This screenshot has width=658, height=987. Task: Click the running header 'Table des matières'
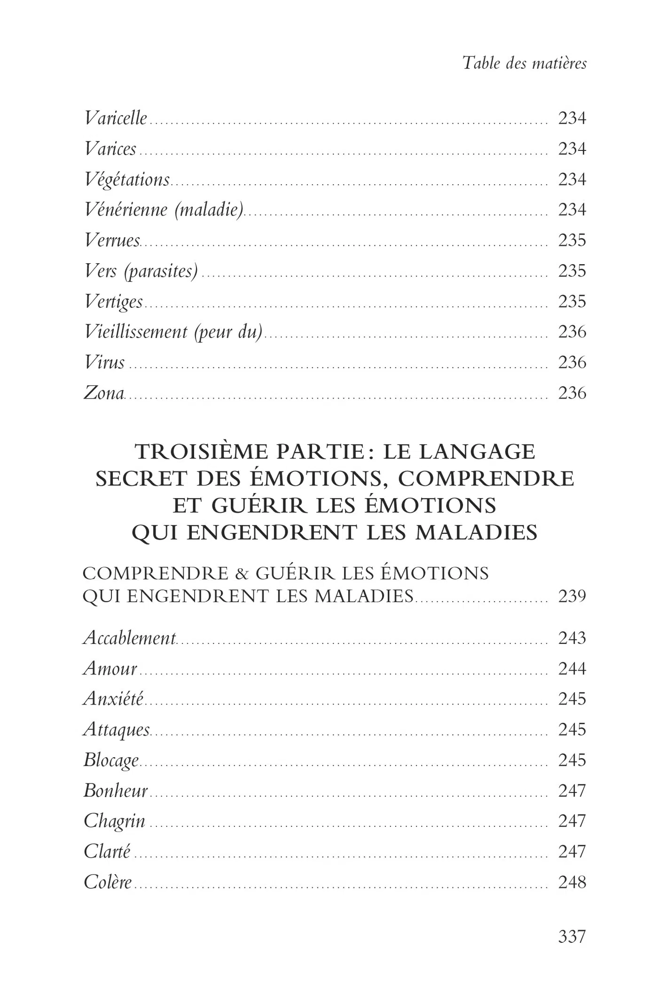point(525,63)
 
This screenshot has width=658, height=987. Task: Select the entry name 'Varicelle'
point(116,118)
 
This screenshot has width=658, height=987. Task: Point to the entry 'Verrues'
point(112,240)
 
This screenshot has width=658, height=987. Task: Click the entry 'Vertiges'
point(113,301)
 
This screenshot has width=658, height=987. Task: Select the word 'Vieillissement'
point(135,332)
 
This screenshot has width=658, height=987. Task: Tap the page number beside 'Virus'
point(572,362)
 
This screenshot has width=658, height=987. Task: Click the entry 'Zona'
point(104,393)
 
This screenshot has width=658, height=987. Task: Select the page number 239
point(572,596)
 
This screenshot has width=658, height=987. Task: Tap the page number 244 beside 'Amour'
point(572,668)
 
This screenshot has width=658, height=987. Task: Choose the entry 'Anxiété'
point(113,699)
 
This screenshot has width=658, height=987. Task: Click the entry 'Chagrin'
point(114,821)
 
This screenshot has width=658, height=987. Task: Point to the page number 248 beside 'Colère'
point(572,882)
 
